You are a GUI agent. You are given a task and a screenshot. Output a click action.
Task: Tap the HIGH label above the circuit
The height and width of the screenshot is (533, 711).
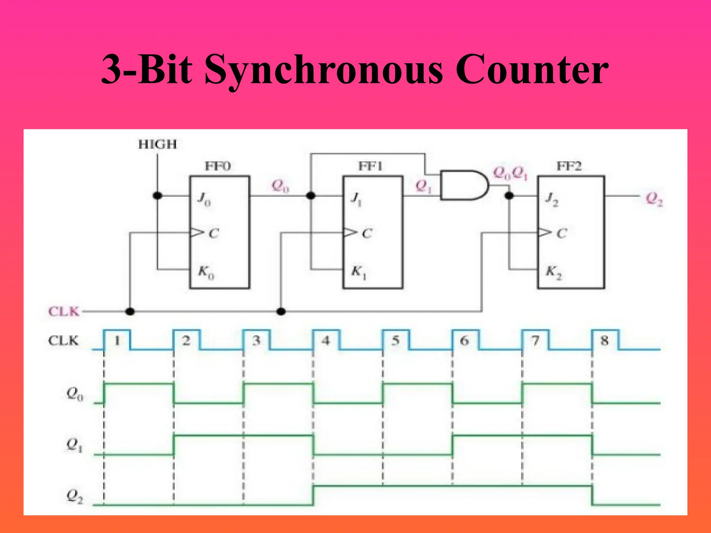point(157,144)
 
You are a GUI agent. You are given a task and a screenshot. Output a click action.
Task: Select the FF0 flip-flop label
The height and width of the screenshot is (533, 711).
point(218,166)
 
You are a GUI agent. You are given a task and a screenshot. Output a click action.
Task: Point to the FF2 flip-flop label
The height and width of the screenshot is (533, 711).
point(569,166)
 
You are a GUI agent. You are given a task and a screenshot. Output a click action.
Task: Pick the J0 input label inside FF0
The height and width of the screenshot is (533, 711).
point(204,199)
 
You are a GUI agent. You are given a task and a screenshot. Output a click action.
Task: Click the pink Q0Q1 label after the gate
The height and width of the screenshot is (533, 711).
point(510,173)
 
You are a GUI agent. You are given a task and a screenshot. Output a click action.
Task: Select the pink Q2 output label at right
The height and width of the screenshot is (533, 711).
point(654,199)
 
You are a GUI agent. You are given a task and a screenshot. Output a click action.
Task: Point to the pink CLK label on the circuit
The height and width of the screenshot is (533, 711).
point(64,311)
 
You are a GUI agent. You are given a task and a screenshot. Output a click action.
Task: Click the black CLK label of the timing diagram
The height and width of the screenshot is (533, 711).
point(63,341)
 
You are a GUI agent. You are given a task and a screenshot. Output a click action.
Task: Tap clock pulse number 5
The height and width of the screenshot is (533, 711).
point(395,341)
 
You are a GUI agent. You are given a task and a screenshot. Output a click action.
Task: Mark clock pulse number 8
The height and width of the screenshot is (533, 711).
point(604,341)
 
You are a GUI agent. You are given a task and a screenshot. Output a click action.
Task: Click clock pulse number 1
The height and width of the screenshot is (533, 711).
point(117,341)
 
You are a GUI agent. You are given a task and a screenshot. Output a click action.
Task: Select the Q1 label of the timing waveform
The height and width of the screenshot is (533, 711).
point(74,445)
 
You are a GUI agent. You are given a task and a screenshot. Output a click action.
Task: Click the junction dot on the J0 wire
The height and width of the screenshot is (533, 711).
point(158,196)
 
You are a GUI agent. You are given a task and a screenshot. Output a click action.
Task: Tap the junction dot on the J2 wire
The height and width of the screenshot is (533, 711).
point(509,196)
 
